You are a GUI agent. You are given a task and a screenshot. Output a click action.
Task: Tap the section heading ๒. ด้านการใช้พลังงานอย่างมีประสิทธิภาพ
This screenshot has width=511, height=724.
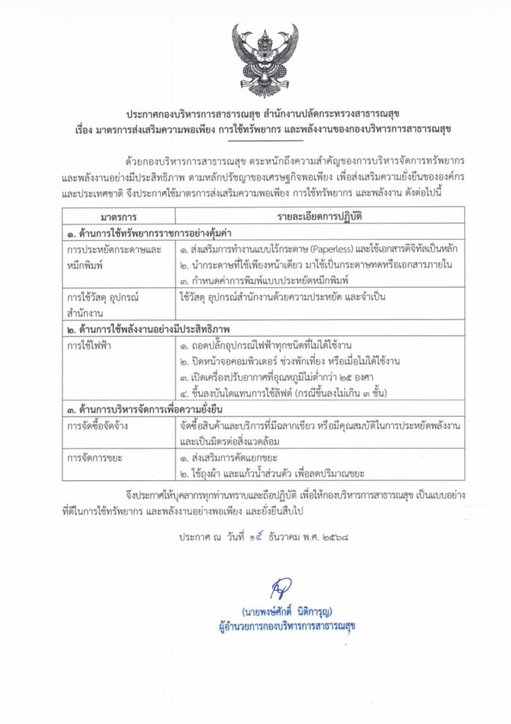point(150,330)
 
